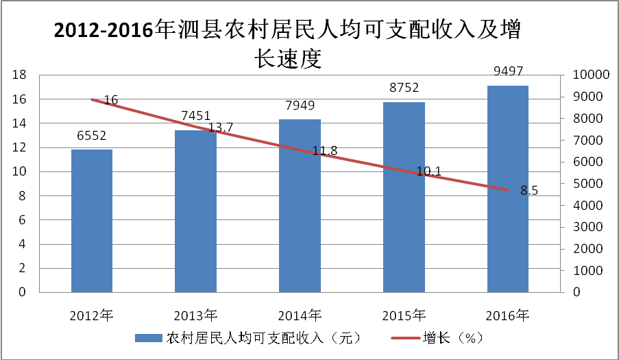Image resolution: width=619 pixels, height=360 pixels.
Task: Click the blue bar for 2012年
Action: (92, 220)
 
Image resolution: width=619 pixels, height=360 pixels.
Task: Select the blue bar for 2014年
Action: (300, 206)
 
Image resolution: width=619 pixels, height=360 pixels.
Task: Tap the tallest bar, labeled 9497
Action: (508, 189)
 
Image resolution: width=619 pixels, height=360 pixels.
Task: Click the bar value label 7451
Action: (195, 116)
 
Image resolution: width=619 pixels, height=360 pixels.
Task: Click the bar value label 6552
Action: (92, 135)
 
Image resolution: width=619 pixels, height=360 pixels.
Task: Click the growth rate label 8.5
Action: (529, 191)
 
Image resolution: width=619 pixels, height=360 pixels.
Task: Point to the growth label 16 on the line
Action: (111, 100)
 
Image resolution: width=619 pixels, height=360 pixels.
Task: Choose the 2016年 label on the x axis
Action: (507, 315)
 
